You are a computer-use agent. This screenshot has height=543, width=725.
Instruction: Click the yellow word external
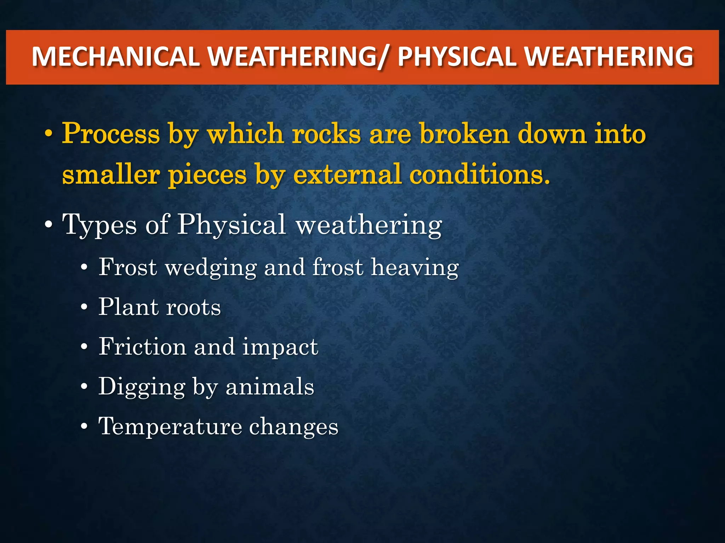(x=347, y=175)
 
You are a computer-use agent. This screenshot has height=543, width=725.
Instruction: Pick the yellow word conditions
(x=480, y=175)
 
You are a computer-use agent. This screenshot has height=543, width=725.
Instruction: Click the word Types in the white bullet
(x=99, y=225)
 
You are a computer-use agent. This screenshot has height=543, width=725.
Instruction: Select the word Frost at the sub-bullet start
(x=127, y=267)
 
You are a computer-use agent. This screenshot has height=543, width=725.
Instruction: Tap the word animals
(x=270, y=386)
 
